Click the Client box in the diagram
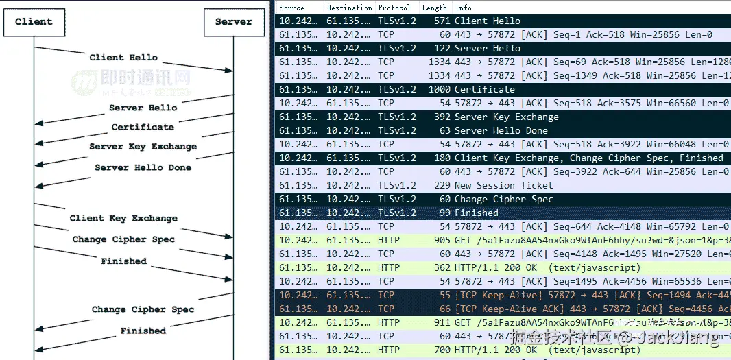point(33,21)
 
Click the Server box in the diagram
point(233,21)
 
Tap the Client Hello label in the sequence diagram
point(123,58)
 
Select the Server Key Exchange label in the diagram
point(143,147)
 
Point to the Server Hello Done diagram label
point(143,167)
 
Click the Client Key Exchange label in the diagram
point(123,218)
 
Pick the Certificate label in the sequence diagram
point(143,127)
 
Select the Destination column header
point(349,8)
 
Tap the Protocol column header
point(394,8)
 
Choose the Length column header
point(435,8)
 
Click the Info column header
point(463,8)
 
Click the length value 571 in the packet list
point(442,21)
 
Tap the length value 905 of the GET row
point(442,240)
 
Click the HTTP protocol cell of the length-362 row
point(389,267)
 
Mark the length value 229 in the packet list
point(442,185)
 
